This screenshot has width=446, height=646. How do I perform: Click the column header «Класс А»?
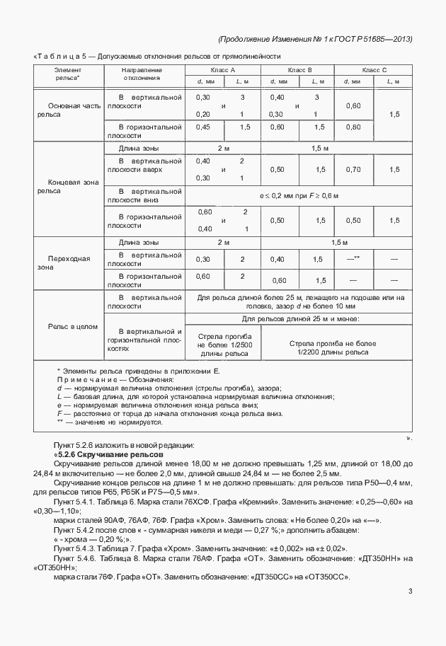tap(222, 70)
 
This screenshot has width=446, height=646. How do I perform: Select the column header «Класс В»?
tap(297, 70)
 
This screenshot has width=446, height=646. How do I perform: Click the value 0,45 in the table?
tap(203, 127)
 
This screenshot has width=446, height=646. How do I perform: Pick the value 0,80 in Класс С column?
tap(352, 127)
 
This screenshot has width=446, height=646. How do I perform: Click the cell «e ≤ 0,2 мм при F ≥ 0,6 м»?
tap(297, 195)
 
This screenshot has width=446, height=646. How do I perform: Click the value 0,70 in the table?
tap(352, 170)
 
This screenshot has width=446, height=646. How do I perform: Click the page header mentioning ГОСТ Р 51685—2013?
tap(315, 38)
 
